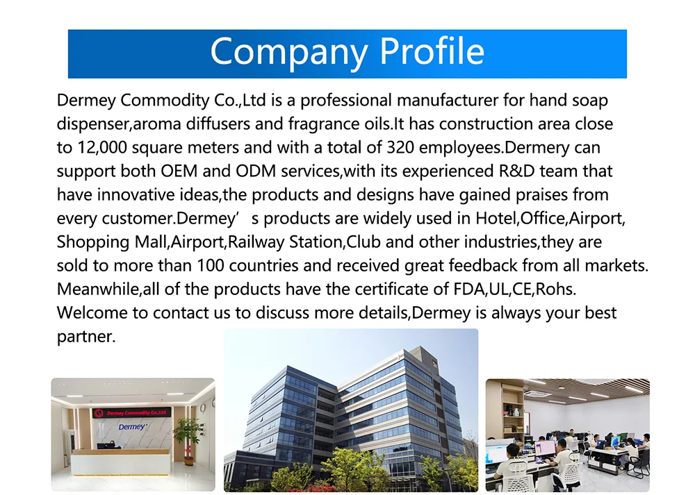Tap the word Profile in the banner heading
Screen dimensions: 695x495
432,51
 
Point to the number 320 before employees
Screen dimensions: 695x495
400,147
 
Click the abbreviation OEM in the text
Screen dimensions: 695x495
179,171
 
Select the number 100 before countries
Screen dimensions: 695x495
210,266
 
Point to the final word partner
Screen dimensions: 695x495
86,337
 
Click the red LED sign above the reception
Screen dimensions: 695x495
131,413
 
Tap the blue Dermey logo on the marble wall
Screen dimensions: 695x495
131,427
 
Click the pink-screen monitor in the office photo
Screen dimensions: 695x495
546,448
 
